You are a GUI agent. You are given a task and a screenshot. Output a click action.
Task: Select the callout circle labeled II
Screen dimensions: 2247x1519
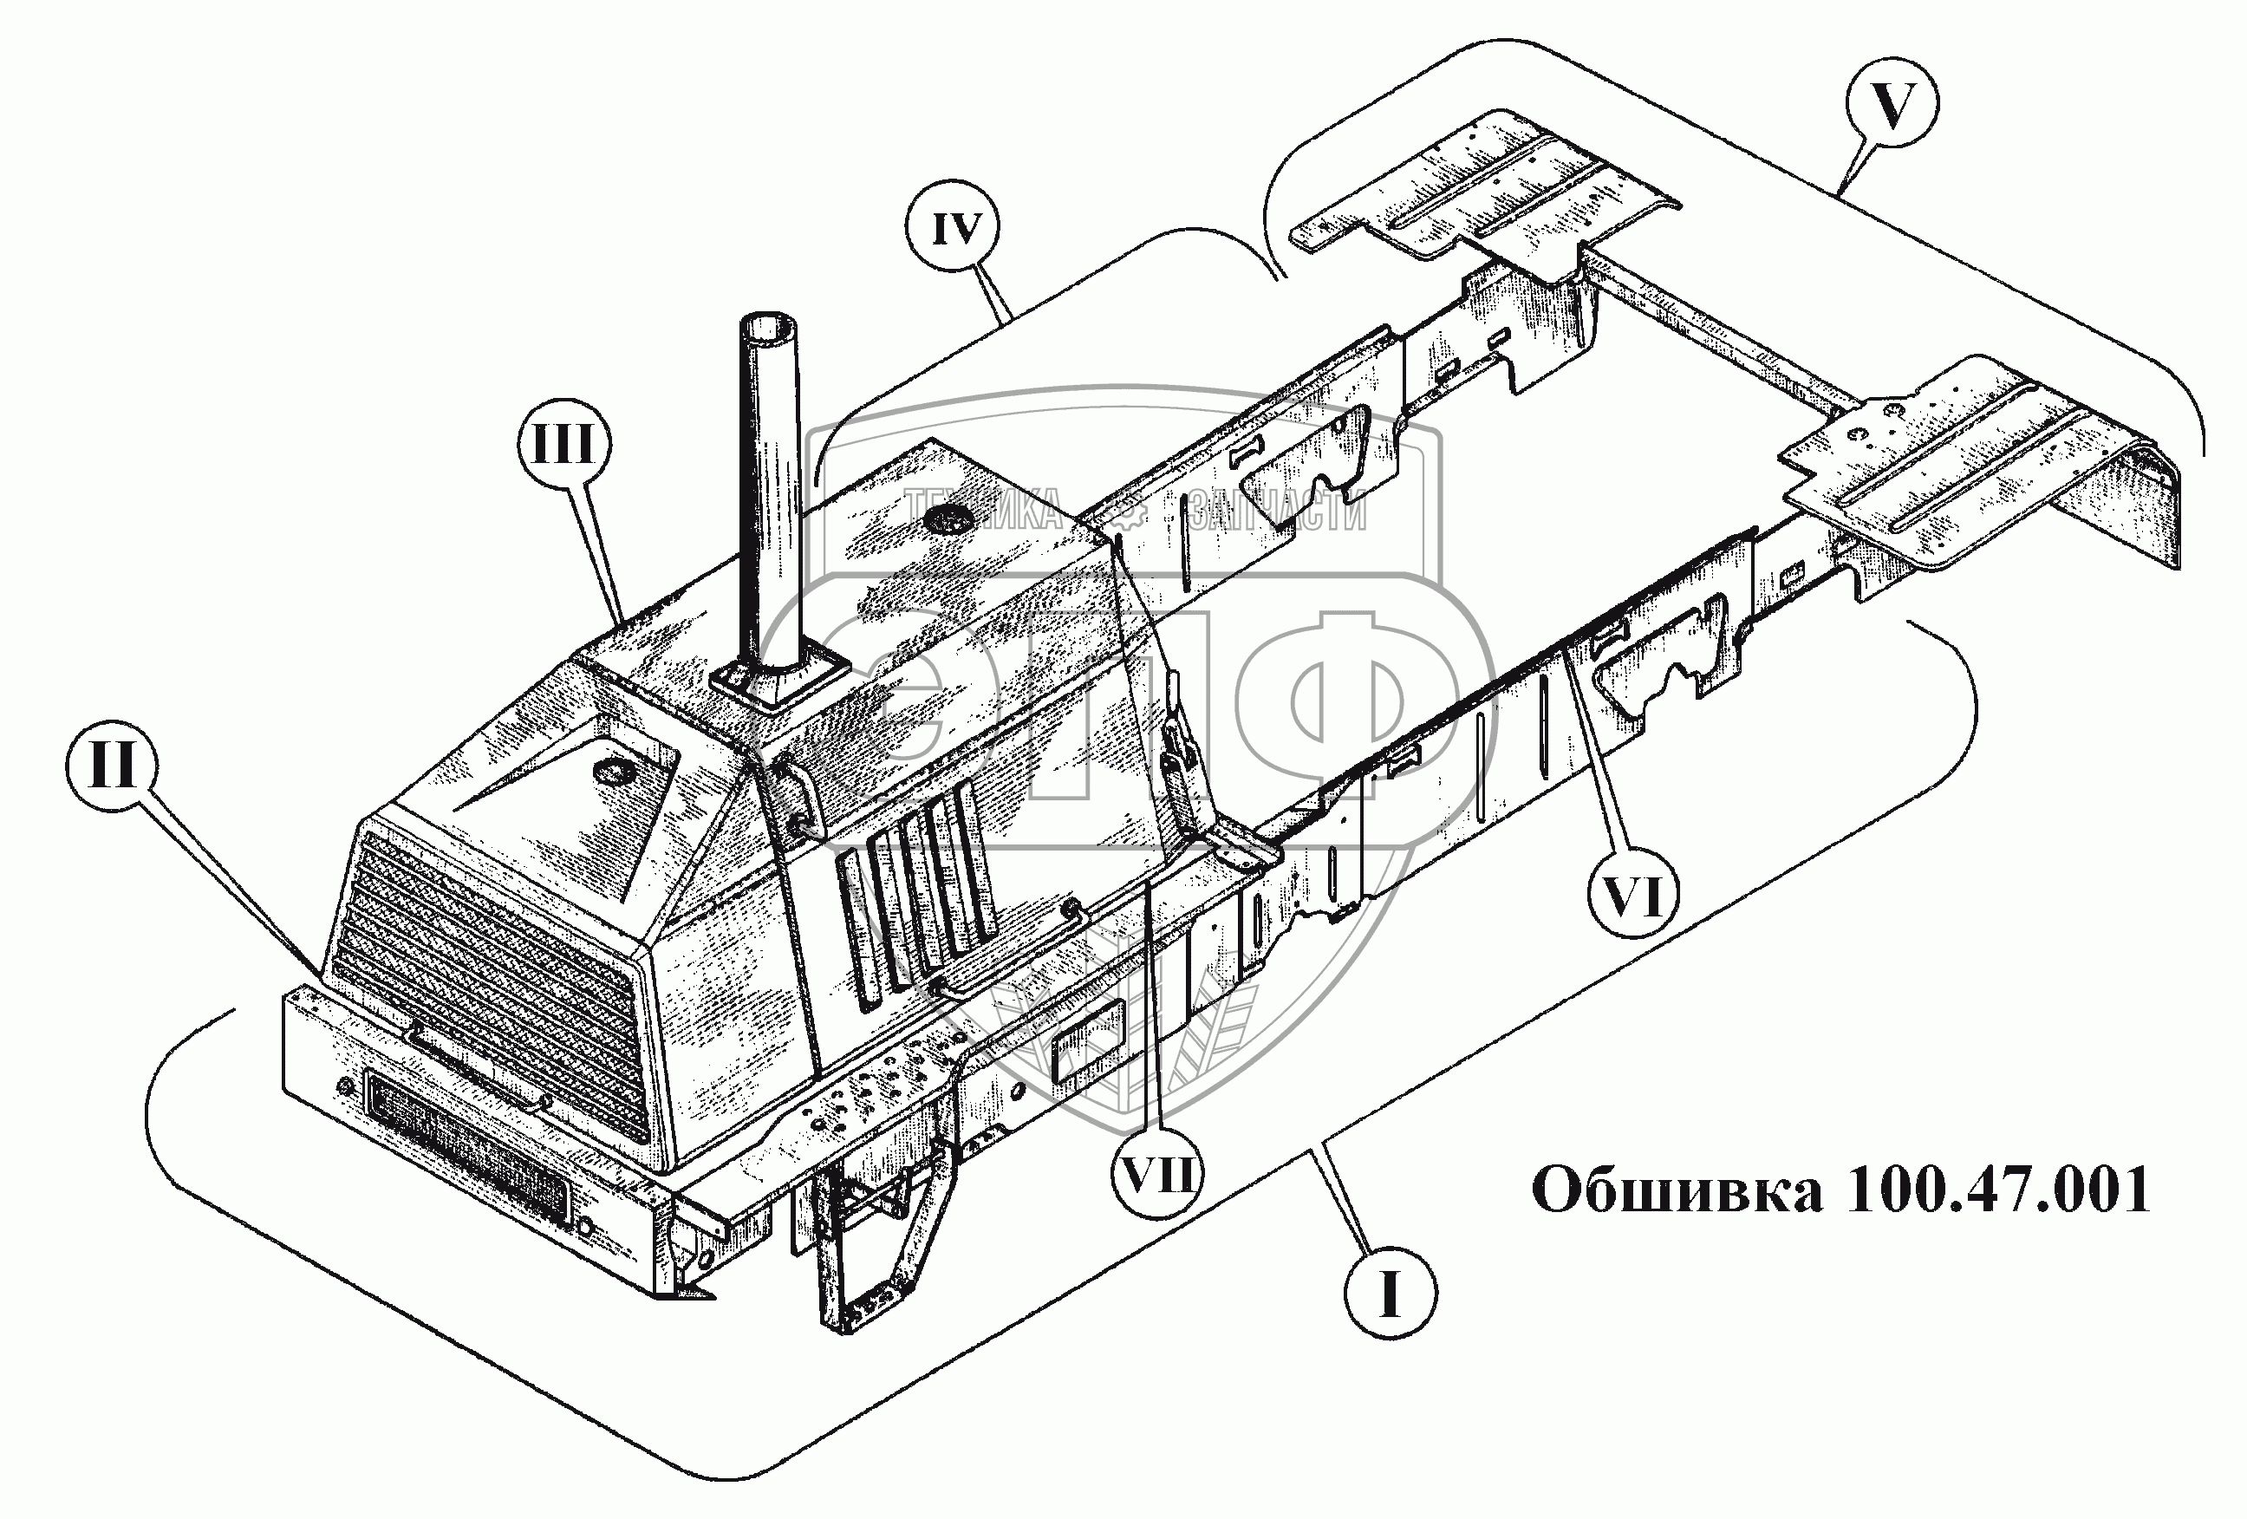112,772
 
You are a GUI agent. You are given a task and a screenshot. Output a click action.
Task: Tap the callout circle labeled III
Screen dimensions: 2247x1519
565,447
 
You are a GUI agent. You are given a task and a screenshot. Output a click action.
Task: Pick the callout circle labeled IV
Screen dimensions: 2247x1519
956,229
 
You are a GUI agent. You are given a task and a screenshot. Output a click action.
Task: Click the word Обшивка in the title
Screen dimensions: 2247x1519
1677,1190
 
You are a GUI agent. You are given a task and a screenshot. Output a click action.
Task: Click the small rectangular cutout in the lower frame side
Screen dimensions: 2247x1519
1088,1035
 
